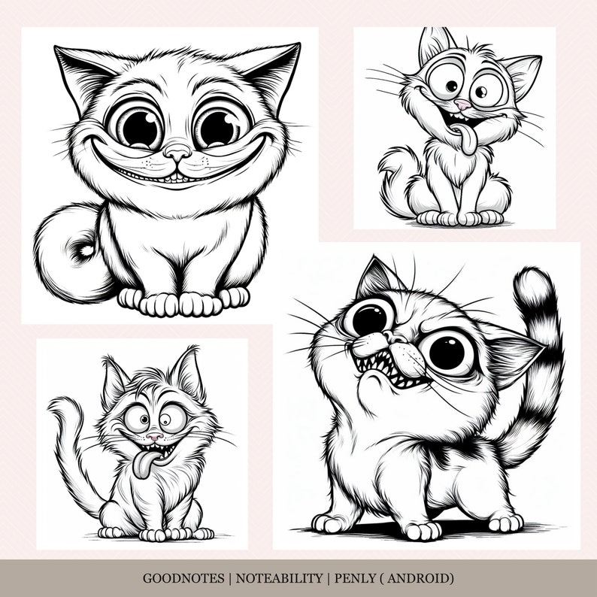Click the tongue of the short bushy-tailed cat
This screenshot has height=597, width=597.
point(468,138)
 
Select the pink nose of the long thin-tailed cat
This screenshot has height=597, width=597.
point(153,436)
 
